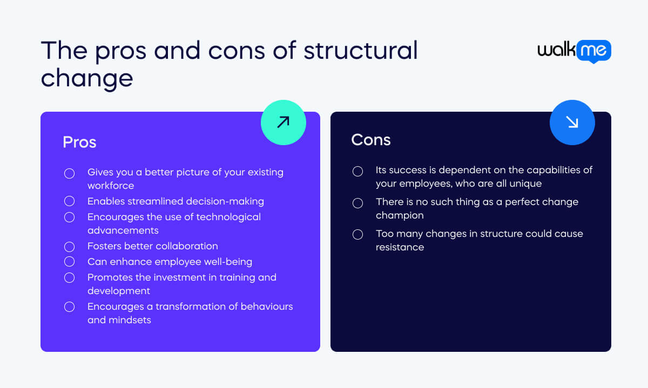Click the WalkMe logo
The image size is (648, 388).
click(x=574, y=51)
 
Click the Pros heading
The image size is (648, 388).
click(x=79, y=142)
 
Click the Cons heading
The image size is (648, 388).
click(x=371, y=140)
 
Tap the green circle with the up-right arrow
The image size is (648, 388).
click(x=283, y=122)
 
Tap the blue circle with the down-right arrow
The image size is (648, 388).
click(x=572, y=122)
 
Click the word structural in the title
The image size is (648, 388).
click(x=361, y=51)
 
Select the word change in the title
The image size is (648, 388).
click(x=87, y=79)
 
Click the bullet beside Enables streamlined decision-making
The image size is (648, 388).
click(x=70, y=201)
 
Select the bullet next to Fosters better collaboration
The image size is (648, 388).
click(x=70, y=247)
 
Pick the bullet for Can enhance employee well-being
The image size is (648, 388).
click(x=70, y=261)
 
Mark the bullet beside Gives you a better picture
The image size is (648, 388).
click(x=70, y=173)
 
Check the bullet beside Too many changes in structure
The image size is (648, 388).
click(x=358, y=234)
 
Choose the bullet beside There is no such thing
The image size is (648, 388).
click(x=358, y=203)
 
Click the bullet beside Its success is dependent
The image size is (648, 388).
click(x=358, y=171)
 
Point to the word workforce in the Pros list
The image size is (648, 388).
click(x=111, y=186)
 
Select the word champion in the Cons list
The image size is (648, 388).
click(x=400, y=215)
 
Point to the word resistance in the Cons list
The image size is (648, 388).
click(x=400, y=247)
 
